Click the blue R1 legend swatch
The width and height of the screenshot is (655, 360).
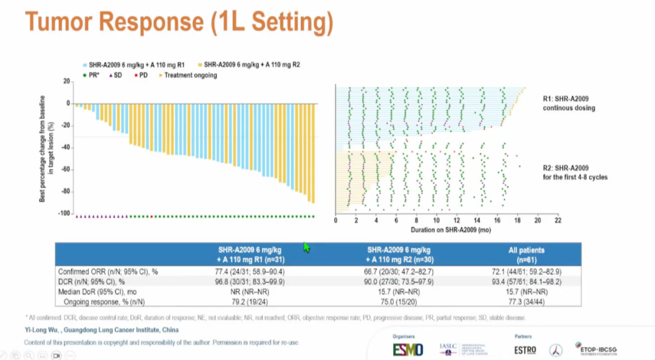86,64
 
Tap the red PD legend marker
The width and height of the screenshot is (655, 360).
136,75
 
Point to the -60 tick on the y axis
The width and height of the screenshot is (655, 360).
63,170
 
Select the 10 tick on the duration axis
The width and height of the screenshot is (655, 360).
436,221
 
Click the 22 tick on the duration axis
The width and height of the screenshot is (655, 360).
557,221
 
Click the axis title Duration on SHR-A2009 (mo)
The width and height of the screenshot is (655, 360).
446,230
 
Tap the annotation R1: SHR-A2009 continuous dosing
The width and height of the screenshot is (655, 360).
569,103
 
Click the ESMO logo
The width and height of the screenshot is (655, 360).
408,350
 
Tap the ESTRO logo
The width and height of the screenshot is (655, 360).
525,350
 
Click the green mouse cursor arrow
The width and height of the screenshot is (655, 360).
306,247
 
